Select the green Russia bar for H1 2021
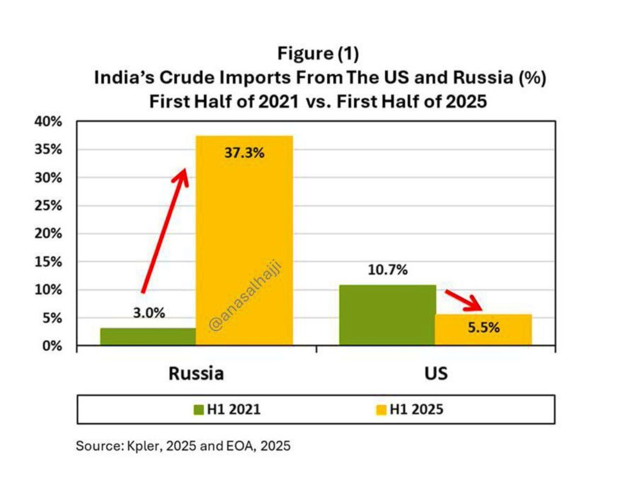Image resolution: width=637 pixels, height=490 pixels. tap(147, 336)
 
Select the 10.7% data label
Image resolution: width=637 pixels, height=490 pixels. tap(387, 270)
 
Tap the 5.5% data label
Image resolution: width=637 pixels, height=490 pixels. tap(484, 328)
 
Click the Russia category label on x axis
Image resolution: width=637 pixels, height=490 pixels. tap(196, 373)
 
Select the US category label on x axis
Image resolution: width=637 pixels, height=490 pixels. tap(435, 373)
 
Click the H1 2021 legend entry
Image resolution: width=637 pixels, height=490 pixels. tap(227, 410)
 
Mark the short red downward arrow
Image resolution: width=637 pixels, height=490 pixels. tap(464, 300)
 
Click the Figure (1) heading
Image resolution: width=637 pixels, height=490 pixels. tap(318, 53)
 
